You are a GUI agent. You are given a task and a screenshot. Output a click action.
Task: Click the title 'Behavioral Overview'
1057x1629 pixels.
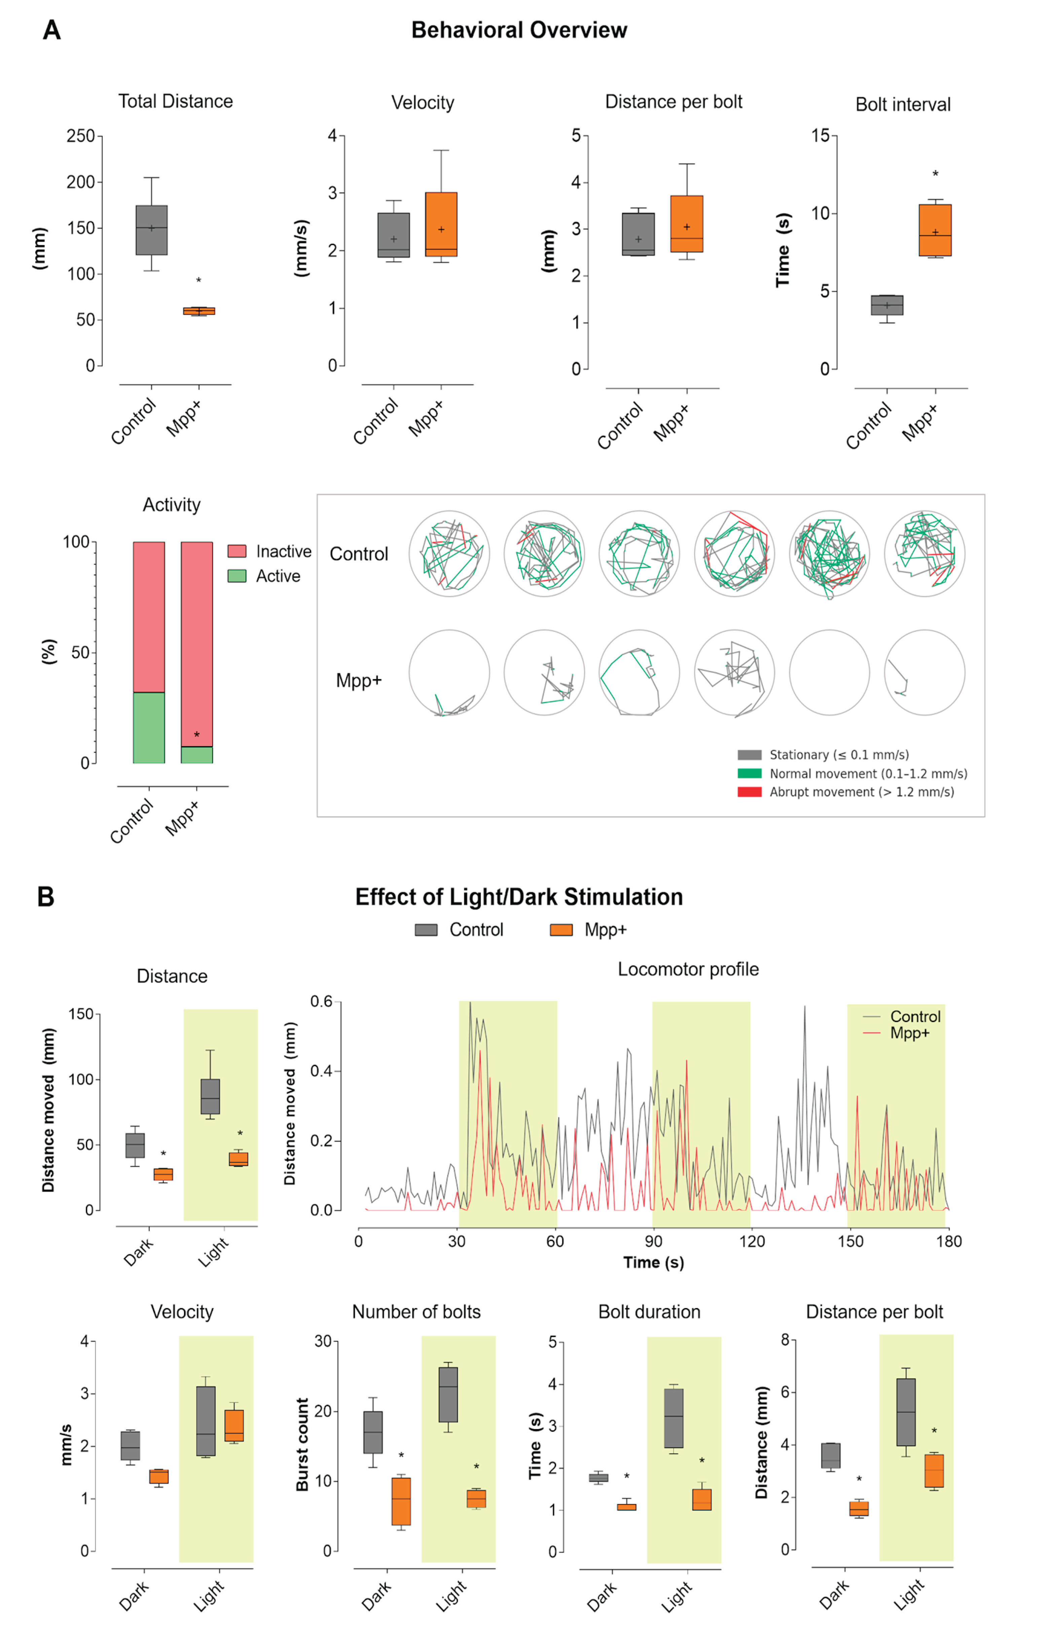point(519,30)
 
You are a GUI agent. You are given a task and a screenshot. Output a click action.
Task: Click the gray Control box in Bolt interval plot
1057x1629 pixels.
point(887,305)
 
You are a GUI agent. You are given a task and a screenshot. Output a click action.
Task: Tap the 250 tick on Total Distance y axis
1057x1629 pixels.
point(81,136)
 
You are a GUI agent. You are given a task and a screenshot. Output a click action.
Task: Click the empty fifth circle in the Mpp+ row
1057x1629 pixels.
point(829,672)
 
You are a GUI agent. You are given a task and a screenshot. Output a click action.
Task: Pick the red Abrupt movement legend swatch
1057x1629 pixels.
point(749,792)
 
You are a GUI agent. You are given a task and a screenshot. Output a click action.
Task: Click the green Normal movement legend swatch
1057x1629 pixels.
point(749,774)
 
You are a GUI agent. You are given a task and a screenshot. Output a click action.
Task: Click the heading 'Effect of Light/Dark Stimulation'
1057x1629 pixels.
point(519,896)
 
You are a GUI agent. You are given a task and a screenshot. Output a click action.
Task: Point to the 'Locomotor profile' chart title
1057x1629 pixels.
point(688,969)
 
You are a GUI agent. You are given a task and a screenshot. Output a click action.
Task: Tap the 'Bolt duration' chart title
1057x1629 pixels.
point(649,1312)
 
